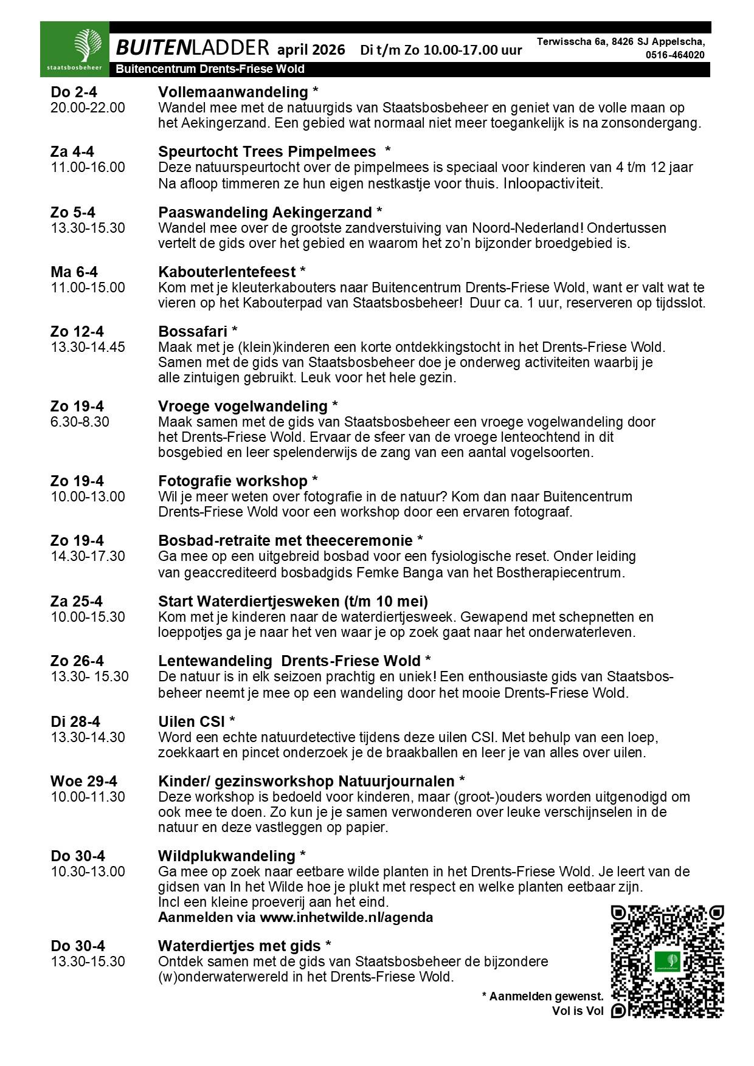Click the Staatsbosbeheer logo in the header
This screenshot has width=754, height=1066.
click(x=75, y=49)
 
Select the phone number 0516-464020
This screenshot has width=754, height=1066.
click(x=675, y=55)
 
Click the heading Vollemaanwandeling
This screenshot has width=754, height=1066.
click(x=233, y=92)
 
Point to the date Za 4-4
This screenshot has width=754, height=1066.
click(x=72, y=152)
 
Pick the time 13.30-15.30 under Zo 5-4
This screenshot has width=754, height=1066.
click(x=88, y=228)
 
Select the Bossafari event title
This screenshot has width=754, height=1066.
click(x=193, y=332)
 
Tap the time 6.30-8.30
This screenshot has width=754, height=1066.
click(x=80, y=422)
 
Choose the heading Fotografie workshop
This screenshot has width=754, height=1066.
click(x=233, y=481)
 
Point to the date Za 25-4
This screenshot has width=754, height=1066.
click(x=77, y=602)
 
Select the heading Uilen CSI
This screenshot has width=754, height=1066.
click(x=192, y=721)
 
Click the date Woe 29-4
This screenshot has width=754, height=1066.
click(x=84, y=781)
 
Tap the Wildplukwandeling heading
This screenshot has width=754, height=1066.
click(x=227, y=856)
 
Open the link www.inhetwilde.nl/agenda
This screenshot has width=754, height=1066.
click(x=346, y=917)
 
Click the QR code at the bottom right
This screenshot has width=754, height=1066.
click(x=667, y=961)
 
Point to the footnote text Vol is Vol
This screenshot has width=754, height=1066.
click(x=578, y=1011)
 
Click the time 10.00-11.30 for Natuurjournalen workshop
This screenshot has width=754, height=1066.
click(x=88, y=797)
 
